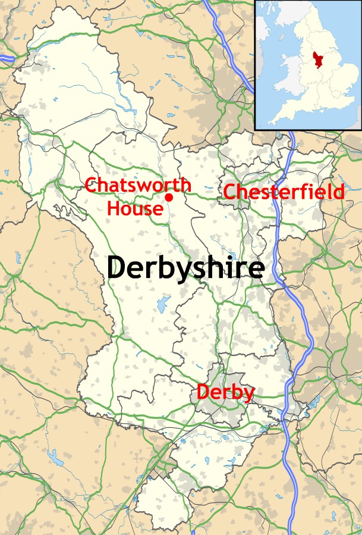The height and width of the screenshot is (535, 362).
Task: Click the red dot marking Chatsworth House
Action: [x=169, y=197]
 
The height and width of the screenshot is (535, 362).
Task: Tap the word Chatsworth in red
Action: [x=137, y=185]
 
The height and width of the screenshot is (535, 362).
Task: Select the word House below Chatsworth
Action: [x=134, y=208]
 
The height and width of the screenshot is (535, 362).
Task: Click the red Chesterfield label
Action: [x=284, y=192]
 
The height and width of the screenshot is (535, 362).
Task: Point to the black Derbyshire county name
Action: [x=185, y=268]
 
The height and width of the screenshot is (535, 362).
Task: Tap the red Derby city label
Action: [x=225, y=393]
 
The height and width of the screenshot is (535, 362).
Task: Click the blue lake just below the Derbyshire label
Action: [x=163, y=305]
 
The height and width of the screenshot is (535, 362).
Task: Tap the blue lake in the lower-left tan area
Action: [x=56, y=457]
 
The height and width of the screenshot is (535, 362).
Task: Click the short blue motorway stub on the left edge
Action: [x=7, y=58]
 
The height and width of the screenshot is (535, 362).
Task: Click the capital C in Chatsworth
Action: [x=92, y=185]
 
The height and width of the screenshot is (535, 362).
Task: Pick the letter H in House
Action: [x=114, y=208]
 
